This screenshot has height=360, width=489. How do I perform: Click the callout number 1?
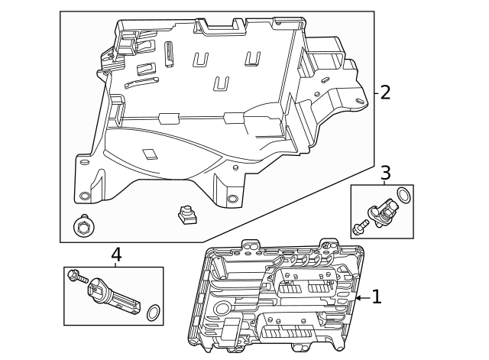376,297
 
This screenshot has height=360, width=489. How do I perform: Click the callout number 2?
385,92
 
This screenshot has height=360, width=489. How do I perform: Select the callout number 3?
385,172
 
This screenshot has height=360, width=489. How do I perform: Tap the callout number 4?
115,255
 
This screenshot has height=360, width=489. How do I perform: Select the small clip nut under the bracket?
183,215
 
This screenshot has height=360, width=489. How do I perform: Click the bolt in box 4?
76,276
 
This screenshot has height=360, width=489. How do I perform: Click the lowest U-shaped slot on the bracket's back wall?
222,83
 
